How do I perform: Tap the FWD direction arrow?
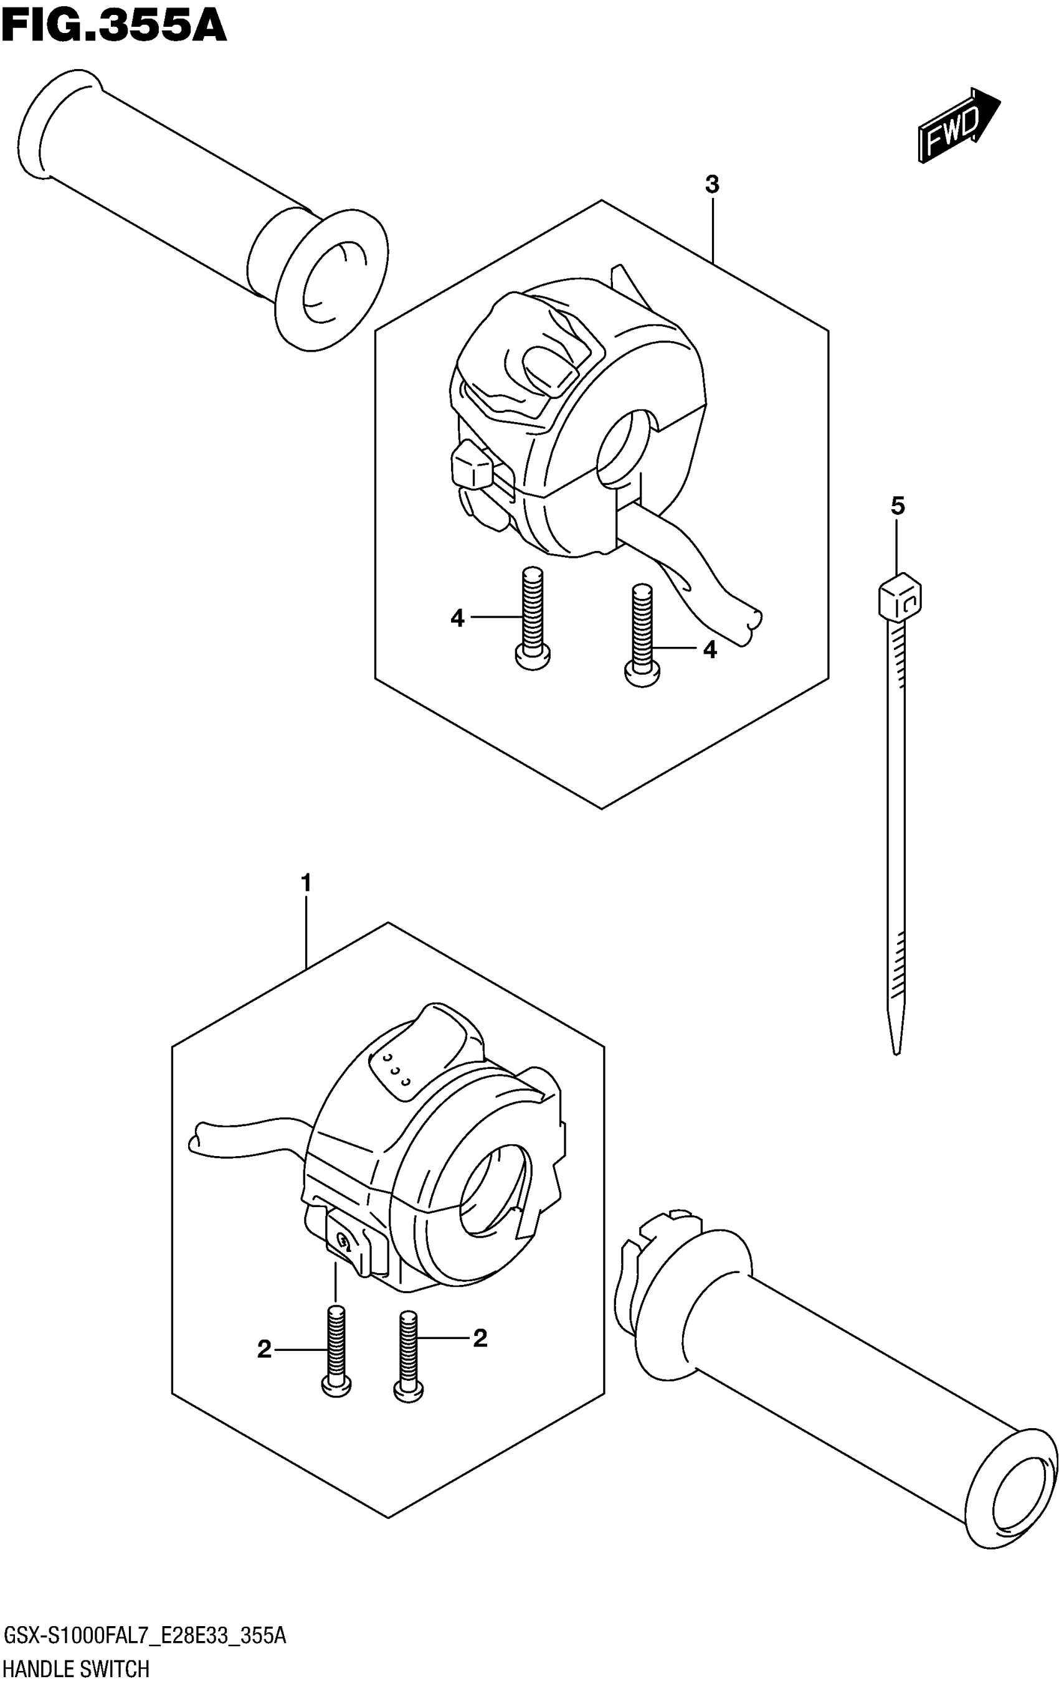tap(958, 126)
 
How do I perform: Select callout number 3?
tap(711, 185)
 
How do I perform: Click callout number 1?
tap(305, 883)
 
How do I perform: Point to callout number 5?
tap(898, 506)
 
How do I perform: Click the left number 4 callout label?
tap(457, 618)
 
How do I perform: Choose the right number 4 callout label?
tap(710, 649)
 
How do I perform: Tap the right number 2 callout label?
tap(480, 1338)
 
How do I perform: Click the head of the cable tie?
tap(899, 596)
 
